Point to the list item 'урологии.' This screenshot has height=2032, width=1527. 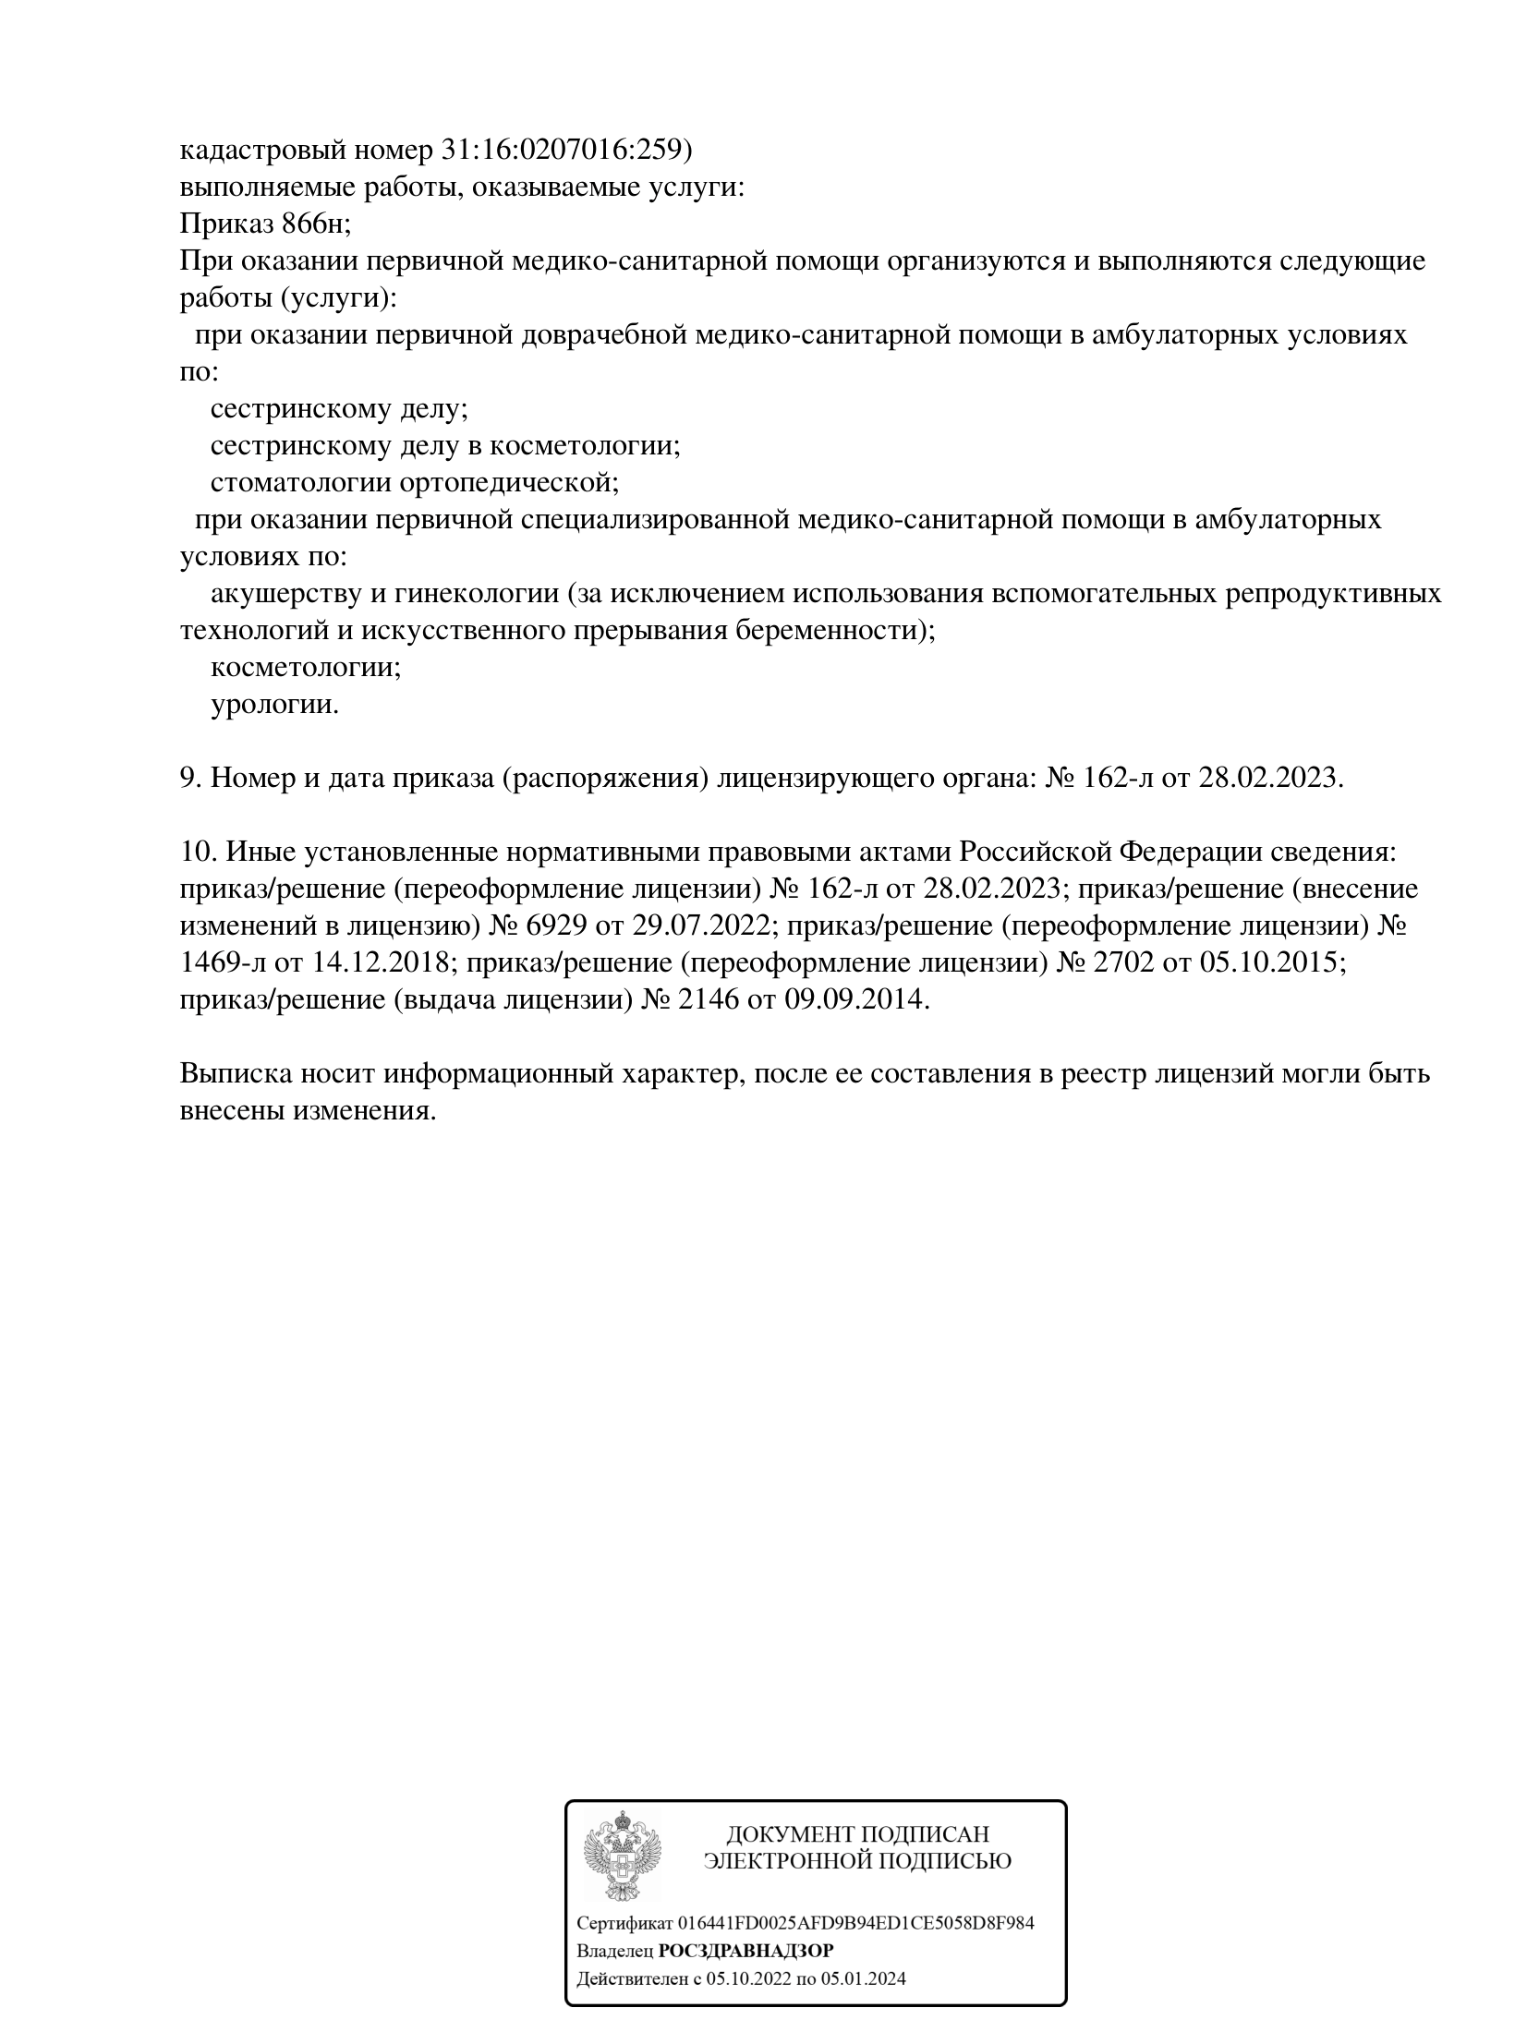point(275,705)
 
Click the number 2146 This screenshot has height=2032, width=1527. point(709,999)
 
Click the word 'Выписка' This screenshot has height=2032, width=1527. point(235,1073)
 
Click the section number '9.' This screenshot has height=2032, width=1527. point(190,778)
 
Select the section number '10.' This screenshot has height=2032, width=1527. point(198,852)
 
